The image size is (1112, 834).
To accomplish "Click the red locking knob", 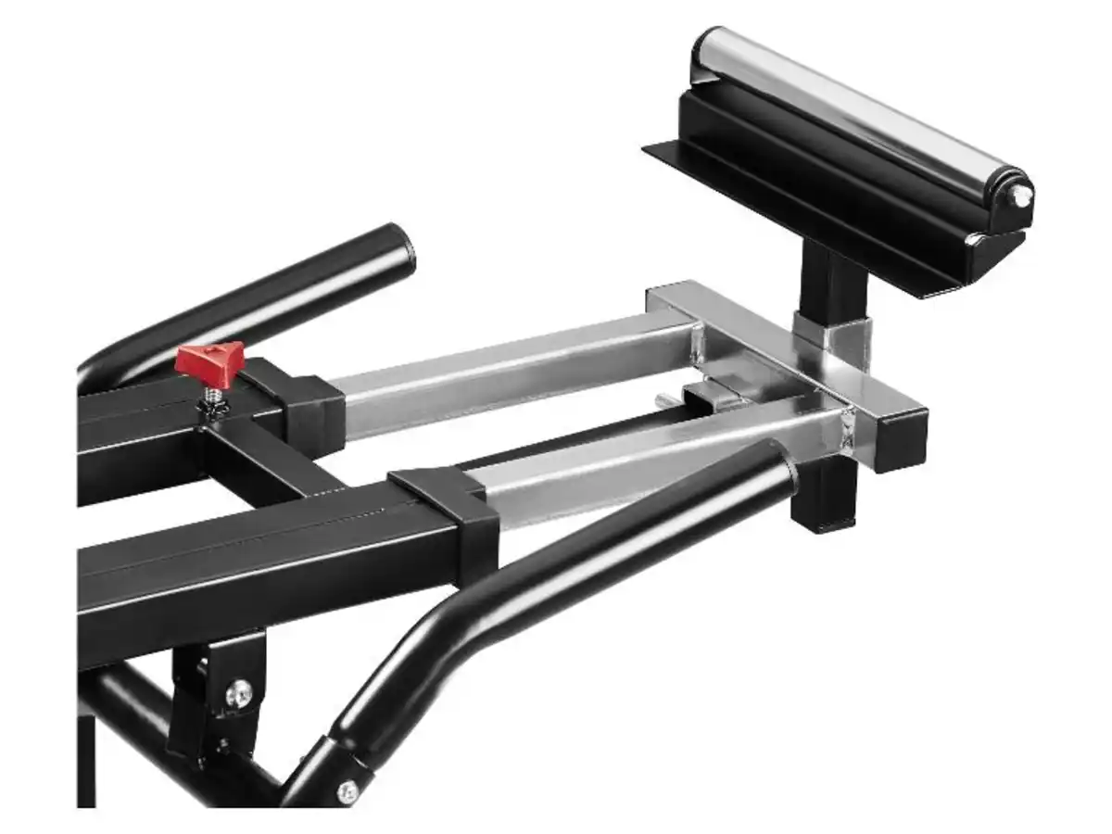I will point(211,360).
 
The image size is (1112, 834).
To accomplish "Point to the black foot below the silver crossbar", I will point(823,500).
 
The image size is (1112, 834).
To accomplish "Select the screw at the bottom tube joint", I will point(347,790).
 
